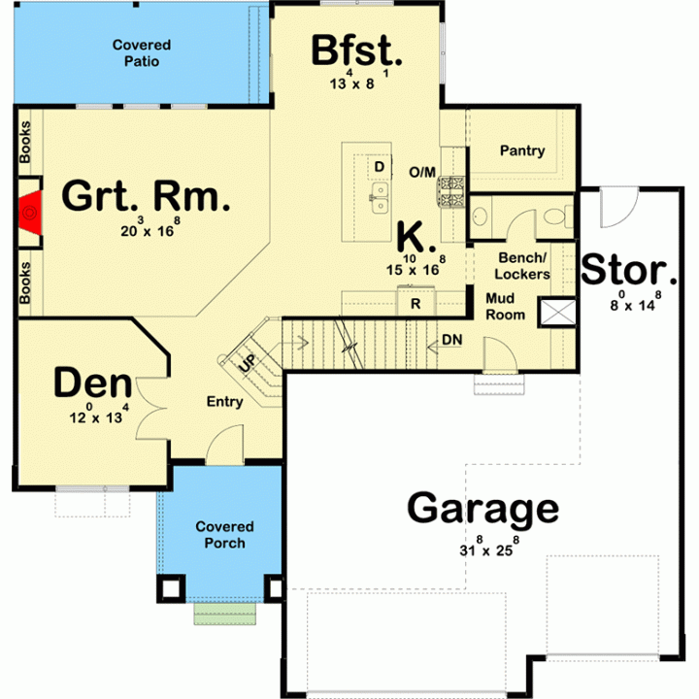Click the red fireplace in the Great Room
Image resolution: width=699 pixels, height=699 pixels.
coord(31,213)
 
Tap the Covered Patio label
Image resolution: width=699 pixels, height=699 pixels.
coord(142,52)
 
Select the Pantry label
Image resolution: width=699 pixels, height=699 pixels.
coord(522,150)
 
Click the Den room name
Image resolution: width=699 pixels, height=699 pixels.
coord(93,383)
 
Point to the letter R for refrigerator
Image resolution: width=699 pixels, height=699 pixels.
coord(416,304)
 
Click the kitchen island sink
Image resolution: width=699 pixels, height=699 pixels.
coord(379,197)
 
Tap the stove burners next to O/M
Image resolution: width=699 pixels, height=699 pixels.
coord(450,191)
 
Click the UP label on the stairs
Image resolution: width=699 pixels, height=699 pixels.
coord(248,363)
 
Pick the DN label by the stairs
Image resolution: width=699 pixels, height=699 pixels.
coord(452,340)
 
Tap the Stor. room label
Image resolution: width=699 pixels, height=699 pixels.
coord(628,270)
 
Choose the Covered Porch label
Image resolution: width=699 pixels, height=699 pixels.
coord(224,535)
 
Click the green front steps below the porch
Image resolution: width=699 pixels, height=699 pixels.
coord(225,614)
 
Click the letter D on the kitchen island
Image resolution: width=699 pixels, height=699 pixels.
coord(380,167)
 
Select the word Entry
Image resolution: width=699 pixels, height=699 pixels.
coord(224,402)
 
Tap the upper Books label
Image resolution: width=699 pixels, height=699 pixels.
coord(25,142)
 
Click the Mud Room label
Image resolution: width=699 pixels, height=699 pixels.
coord(505,306)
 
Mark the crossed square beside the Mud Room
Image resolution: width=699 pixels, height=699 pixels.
coord(557,312)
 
